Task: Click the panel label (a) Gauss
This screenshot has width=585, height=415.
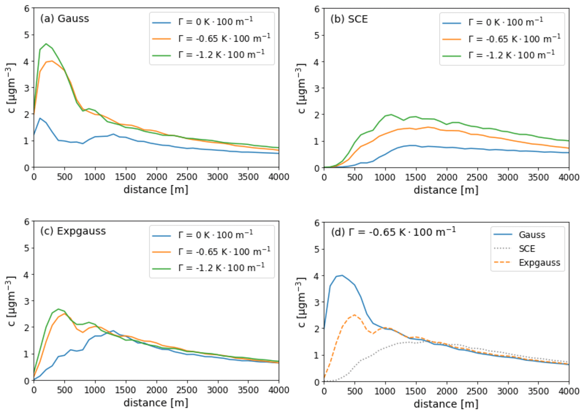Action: tap(64, 19)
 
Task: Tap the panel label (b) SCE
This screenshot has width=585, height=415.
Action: tap(349, 19)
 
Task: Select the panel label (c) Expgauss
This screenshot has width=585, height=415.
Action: tap(73, 231)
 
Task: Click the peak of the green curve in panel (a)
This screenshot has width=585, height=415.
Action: tap(46, 44)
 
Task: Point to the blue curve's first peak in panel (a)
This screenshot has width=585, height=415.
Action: tap(40, 118)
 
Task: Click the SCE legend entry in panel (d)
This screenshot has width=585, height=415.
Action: tap(527, 249)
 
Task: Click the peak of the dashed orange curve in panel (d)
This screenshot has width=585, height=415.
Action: tap(354, 315)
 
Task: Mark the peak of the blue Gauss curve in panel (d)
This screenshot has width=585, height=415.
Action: tap(342, 275)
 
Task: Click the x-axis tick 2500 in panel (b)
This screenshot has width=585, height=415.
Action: tap(477, 177)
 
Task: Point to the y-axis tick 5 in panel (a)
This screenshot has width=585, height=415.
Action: tap(27, 35)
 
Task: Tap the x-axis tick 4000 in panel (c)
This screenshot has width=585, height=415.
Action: tap(278, 390)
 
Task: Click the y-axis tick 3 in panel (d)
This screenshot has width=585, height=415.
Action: tap(317, 302)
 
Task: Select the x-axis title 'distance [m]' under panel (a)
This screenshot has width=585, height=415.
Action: tap(156, 190)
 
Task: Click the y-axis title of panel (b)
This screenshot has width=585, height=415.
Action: tap(301, 88)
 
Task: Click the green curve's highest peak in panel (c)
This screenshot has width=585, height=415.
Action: tap(58, 309)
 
